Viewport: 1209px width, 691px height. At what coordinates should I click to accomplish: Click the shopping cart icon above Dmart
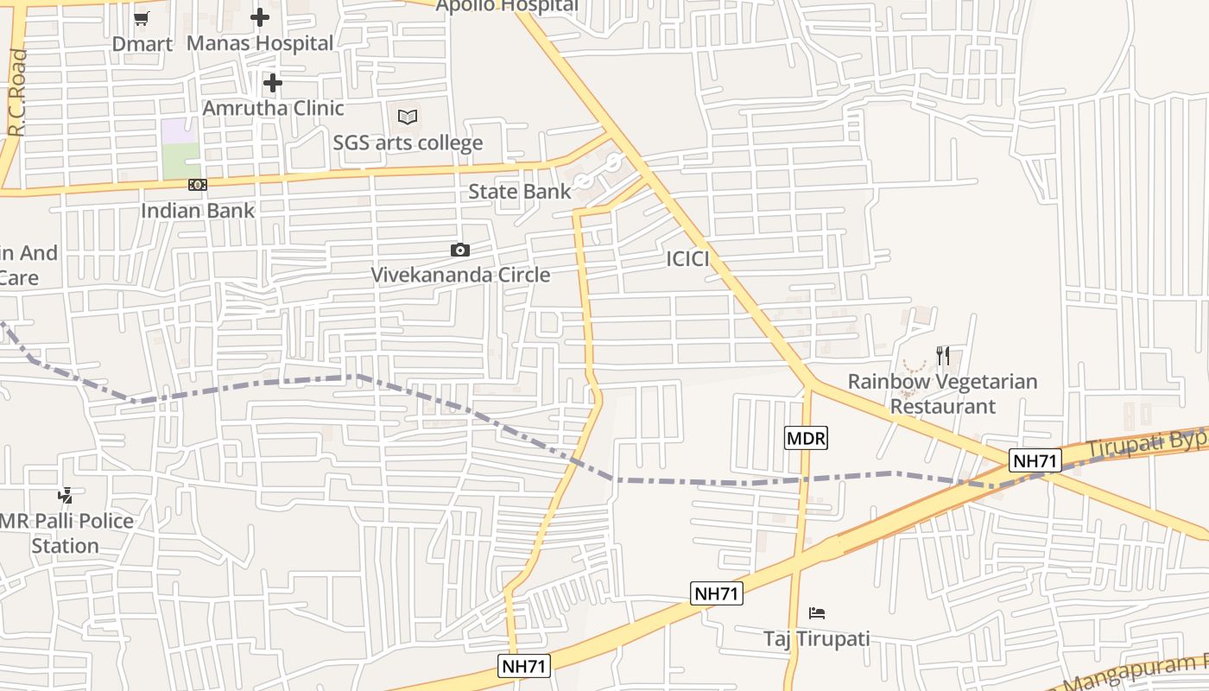coord(142,18)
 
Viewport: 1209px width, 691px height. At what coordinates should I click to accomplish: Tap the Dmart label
coord(142,43)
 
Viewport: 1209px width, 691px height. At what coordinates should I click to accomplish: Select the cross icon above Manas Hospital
coord(260,17)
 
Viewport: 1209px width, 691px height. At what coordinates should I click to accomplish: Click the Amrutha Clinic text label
coord(273,108)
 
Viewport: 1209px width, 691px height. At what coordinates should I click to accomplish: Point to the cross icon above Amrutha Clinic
coord(273,83)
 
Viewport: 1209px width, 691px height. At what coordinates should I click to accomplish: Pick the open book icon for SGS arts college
coord(408,117)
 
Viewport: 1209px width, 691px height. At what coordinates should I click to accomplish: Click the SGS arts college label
coord(408,143)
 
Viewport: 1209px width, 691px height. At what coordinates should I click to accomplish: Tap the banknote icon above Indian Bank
coord(198,185)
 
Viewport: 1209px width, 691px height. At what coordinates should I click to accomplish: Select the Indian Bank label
coord(198,210)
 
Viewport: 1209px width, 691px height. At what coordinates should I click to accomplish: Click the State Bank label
coord(519,191)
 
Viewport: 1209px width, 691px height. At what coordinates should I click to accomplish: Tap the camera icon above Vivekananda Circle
coord(460,250)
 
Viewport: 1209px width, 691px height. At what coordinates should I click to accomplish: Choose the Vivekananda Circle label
coord(460,275)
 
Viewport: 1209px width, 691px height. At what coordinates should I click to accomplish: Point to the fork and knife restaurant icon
coord(943,356)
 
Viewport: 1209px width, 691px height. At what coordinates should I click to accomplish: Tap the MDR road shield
coord(806,438)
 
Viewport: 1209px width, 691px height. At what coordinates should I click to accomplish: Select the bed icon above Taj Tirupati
coord(817,613)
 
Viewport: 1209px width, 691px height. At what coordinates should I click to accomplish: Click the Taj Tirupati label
coord(816,639)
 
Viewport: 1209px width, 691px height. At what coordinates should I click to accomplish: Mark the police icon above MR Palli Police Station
coord(66,496)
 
